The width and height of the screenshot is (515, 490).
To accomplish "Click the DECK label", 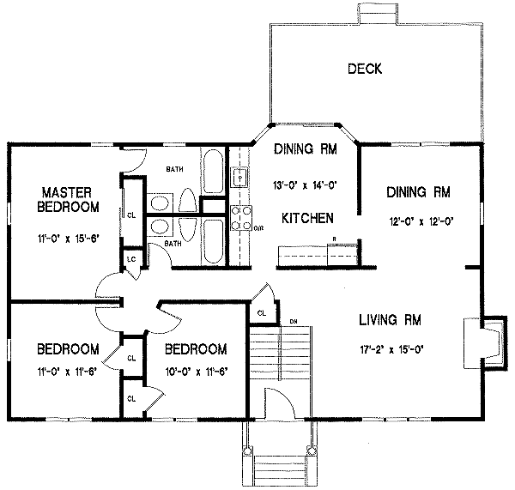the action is click(365, 69).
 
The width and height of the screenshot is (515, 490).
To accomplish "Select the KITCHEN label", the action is click(307, 219).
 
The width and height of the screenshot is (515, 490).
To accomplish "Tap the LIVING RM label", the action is click(391, 321).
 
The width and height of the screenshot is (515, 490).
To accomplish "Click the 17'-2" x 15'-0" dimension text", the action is click(391, 348).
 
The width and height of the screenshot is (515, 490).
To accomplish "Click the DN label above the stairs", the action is click(293, 322).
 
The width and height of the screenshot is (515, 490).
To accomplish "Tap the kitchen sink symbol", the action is click(241, 177).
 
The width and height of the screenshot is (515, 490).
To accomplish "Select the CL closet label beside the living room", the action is click(261, 312).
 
